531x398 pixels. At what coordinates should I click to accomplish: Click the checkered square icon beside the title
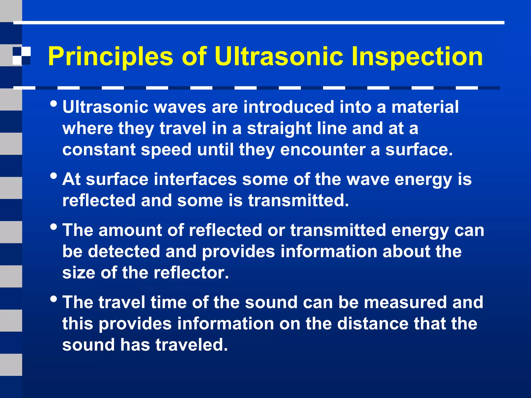pos(22,56)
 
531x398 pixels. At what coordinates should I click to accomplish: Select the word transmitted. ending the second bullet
pos(298,201)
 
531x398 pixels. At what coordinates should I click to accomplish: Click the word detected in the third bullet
pos(124,252)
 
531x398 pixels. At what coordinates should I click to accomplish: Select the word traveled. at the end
pos(191,345)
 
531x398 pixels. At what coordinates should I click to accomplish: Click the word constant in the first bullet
pos(99,150)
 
